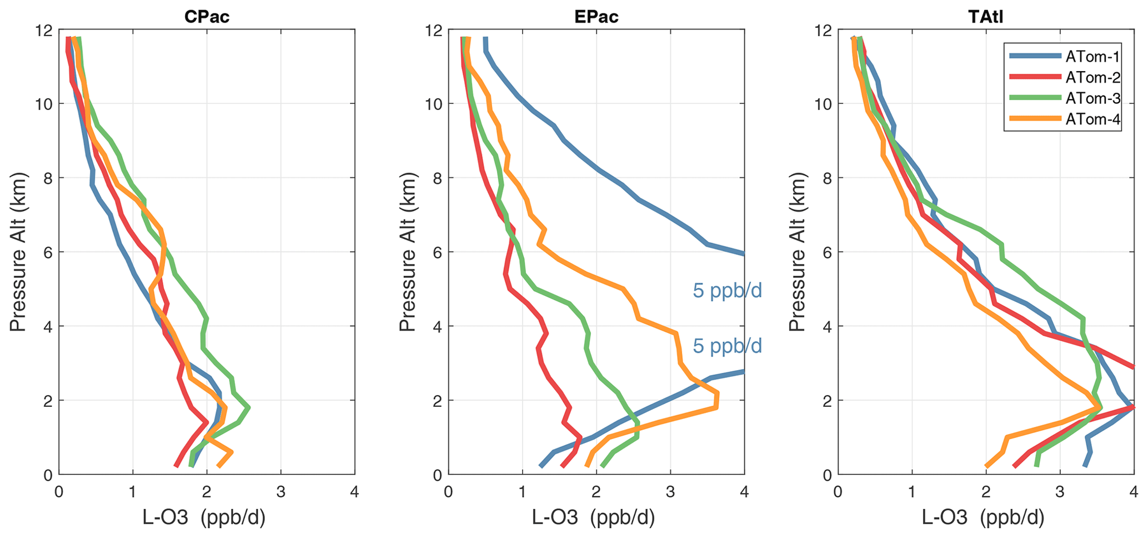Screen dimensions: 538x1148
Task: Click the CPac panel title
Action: [x=207, y=17]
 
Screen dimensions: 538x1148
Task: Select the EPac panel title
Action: [x=596, y=17]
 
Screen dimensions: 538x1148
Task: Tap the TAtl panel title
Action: [x=986, y=17]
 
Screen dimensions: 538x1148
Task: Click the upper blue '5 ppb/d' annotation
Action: [x=727, y=291]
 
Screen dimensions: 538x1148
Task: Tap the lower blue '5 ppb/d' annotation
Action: [x=727, y=346]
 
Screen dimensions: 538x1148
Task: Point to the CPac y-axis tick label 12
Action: [x=43, y=31]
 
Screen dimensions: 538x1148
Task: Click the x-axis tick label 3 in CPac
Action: [x=280, y=492]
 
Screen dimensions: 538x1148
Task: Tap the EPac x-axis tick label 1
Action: [x=522, y=492]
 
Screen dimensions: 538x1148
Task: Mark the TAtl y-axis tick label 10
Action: [x=823, y=104]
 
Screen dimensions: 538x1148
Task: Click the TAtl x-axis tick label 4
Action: [x=1134, y=492]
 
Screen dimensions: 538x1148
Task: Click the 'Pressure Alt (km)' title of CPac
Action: [x=18, y=252]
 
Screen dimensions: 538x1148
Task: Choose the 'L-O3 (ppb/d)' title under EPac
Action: [x=594, y=518]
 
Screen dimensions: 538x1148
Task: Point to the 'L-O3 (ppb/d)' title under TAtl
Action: [x=983, y=518]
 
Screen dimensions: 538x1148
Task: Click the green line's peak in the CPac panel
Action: [x=248, y=408]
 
